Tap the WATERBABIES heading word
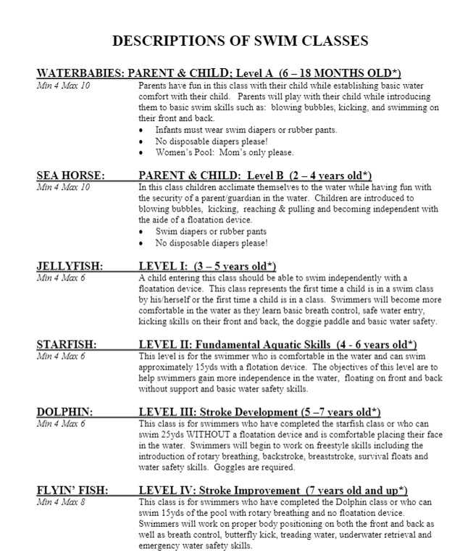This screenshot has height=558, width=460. point(79,74)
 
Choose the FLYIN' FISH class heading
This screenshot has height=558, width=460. point(72,491)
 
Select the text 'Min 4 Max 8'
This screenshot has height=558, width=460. point(62,502)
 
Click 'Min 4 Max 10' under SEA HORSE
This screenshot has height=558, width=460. point(63,186)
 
